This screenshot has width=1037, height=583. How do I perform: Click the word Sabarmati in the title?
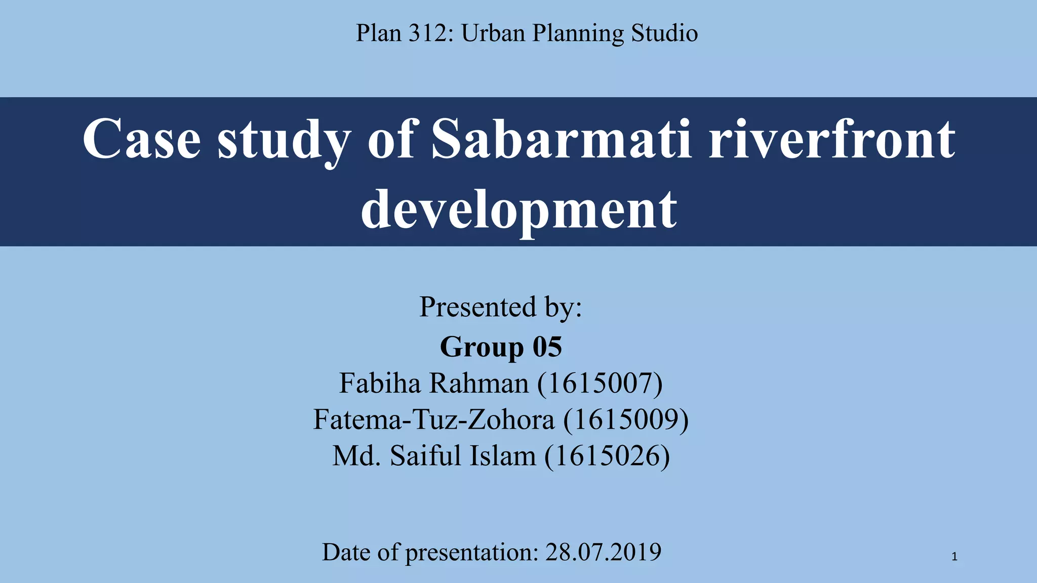click(561, 139)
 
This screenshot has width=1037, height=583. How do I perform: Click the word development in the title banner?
click(518, 209)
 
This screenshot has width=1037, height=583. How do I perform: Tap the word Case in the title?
click(141, 139)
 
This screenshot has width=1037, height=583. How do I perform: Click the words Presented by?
click(501, 307)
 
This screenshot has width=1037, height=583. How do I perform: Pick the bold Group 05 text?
click(501, 347)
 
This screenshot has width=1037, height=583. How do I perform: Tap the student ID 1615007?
click(600, 384)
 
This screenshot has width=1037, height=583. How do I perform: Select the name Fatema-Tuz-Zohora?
click(433, 420)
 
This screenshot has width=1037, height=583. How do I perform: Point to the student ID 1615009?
click(626, 420)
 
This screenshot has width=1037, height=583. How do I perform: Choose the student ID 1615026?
click(607, 456)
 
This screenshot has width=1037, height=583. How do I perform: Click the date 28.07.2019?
click(603, 552)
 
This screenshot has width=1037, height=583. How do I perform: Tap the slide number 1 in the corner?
click(954, 557)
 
